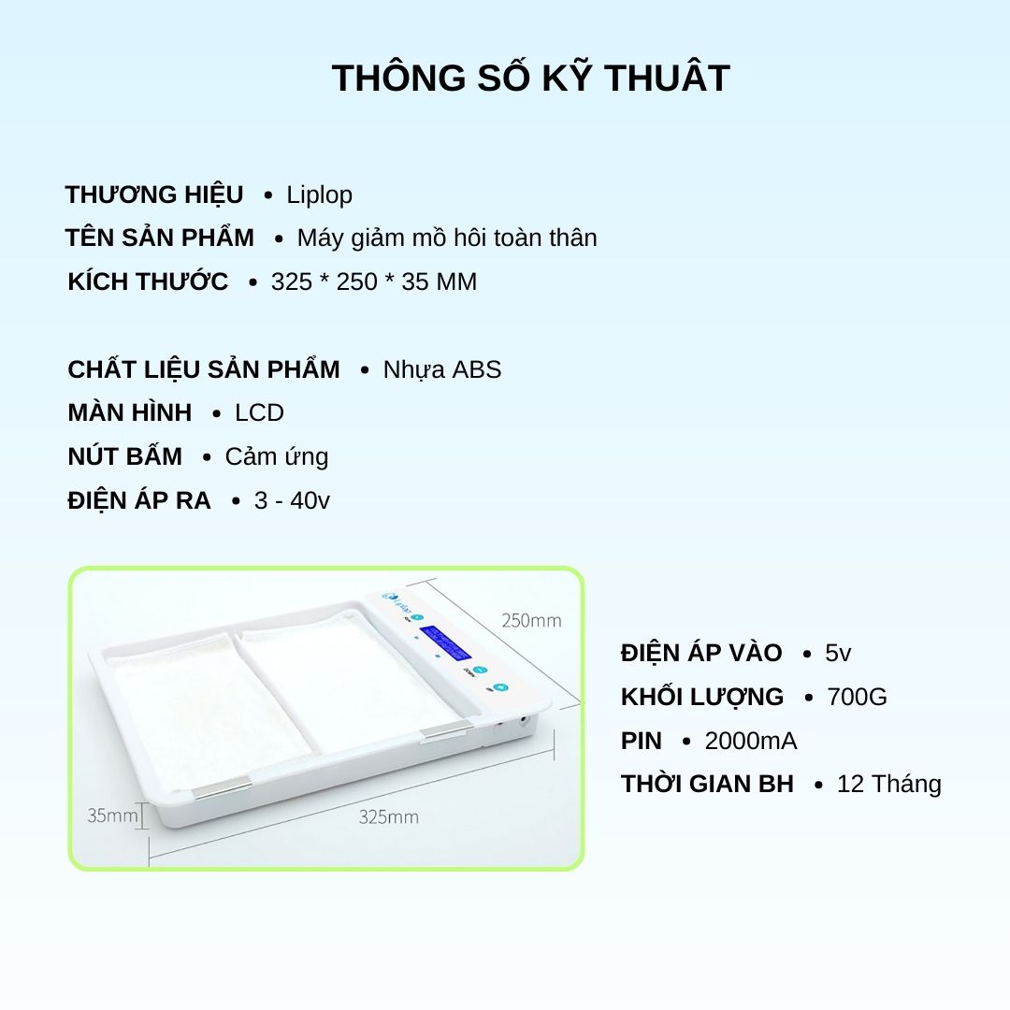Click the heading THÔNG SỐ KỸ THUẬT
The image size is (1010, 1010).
(531, 77)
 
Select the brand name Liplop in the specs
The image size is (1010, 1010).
(320, 195)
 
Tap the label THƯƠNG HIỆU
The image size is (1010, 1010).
(154, 195)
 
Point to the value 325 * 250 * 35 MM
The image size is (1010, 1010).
(373, 282)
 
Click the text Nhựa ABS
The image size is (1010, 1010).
(441, 369)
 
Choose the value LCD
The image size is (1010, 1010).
(259, 413)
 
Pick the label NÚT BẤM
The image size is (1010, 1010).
(125, 456)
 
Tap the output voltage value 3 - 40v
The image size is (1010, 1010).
(292, 500)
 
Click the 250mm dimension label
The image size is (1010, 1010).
(531, 620)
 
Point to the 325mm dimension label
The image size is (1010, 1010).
(388, 816)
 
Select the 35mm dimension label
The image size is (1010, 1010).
(113, 815)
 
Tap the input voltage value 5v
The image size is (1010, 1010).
(838, 653)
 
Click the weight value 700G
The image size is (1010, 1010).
(857, 697)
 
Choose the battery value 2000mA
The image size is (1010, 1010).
(751, 741)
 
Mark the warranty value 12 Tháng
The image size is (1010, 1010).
(889, 784)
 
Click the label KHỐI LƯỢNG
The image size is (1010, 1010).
(702, 697)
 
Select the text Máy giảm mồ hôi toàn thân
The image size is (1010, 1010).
(447, 238)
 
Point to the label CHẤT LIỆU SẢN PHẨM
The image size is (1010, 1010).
(204, 369)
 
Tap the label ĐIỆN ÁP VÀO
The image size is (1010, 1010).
(701, 653)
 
